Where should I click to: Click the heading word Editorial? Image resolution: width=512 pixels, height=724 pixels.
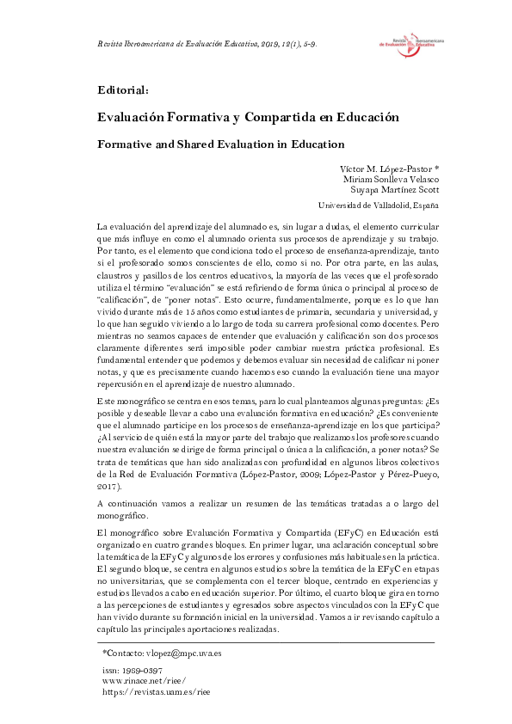(124, 89)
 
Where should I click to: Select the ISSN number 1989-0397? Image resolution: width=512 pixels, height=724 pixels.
(132, 669)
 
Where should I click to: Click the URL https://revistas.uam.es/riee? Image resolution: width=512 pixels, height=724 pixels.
(156, 690)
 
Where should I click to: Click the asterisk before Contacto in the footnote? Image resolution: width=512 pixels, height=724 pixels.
(104, 653)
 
